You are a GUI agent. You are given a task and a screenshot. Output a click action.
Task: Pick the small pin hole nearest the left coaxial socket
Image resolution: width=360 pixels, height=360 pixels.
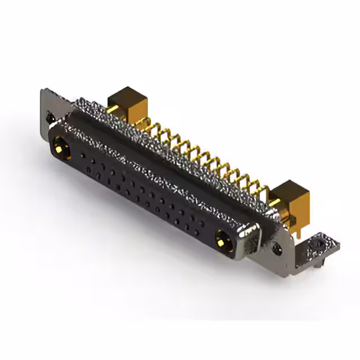(x=83, y=154)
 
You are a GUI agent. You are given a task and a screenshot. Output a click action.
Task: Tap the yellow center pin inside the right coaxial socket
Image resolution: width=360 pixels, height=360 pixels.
(x=224, y=240)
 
